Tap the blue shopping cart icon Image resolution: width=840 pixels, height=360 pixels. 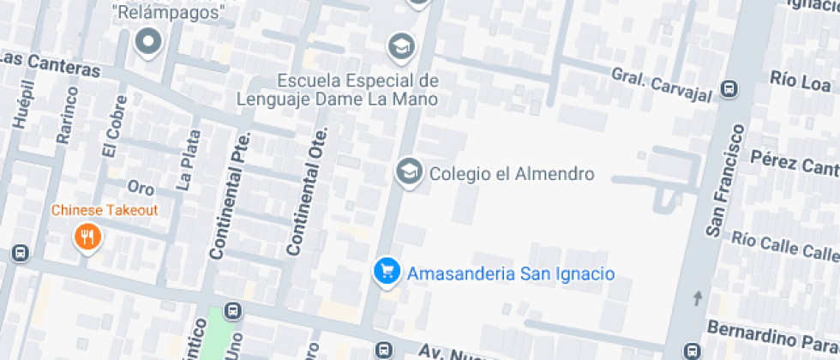point(387,272)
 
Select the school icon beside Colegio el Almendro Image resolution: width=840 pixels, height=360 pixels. point(410,171)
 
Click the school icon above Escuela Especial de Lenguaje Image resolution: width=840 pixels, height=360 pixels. point(400,45)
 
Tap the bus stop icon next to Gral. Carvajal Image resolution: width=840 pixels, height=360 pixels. point(729,88)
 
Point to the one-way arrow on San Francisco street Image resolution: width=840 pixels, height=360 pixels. point(697,298)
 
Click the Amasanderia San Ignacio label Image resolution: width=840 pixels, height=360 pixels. point(511,274)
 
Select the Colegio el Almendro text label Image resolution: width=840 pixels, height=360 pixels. point(512,174)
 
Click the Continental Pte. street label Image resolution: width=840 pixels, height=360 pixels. point(229,196)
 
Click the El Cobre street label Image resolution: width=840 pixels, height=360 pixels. point(111,135)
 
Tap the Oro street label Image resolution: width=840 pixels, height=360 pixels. point(140,187)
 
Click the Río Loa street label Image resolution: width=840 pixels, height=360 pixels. point(801,82)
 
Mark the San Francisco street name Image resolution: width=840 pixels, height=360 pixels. point(725,180)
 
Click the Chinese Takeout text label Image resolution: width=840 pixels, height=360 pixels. point(105,210)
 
